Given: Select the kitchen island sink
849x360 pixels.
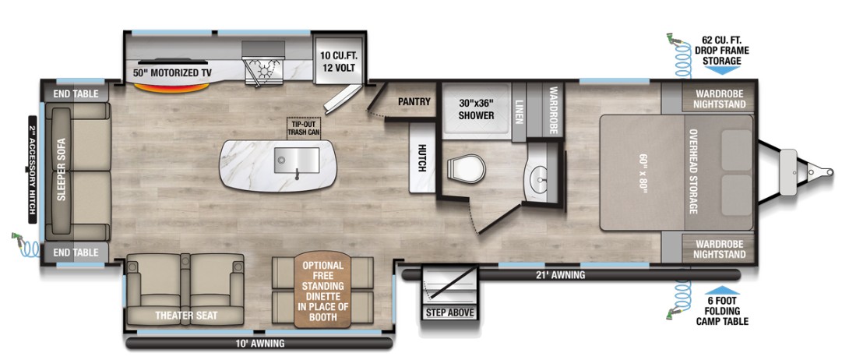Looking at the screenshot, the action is pos(296,161).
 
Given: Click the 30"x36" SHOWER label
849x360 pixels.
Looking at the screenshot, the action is pos(476,109).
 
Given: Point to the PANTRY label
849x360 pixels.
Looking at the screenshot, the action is pos(414,101).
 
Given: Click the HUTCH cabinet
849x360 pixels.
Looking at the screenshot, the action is pos(422,157).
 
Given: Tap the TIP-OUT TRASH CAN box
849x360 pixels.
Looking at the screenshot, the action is pos(303,127).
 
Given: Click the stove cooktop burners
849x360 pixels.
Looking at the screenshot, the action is pos(264,70).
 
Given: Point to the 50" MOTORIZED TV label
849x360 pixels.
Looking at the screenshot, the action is pos(173,72).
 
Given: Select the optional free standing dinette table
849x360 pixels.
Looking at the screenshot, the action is pos(322,290).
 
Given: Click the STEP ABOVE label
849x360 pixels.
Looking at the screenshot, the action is pos(450,312).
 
